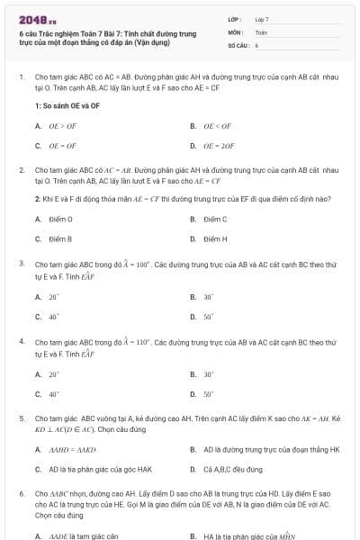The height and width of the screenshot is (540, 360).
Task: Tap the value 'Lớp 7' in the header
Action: coord(262,19)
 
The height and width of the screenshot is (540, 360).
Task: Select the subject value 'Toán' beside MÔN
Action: coord(261,31)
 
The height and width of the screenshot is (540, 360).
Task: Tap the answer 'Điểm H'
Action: coord(215,238)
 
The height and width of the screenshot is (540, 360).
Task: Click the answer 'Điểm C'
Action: coord(215,219)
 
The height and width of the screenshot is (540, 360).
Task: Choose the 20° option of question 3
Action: coord(54,296)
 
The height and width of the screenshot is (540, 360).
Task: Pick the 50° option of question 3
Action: coord(208,316)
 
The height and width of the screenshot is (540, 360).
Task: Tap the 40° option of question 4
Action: coord(54,394)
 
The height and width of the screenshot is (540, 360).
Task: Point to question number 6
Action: coord(22,494)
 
